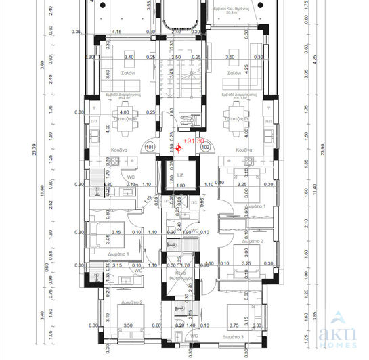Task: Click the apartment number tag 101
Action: (150, 146)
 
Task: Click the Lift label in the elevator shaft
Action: (180, 174)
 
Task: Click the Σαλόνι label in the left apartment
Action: (129, 73)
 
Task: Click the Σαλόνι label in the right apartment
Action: (236, 73)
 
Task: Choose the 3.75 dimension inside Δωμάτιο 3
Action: (235, 325)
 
